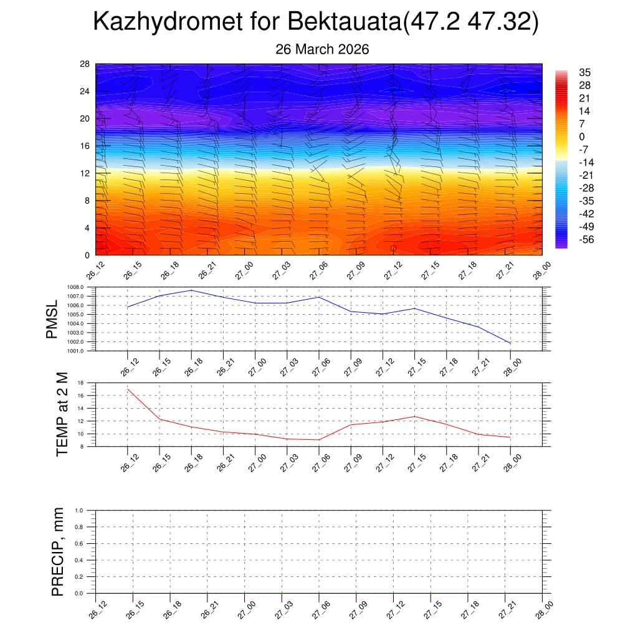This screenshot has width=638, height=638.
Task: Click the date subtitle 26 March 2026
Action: pyautogui.click(x=322, y=49)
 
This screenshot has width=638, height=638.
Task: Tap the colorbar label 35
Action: pyautogui.click(x=584, y=72)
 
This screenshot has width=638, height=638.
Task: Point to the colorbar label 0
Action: pyautogui.click(x=582, y=137)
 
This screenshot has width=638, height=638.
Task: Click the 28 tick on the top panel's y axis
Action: pyautogui.click(x=85, y=64)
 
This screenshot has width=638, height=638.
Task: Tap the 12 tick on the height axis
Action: pyautogui.click(x=85, y=173)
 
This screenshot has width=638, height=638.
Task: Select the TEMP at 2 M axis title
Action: pyautogui.click(x=62, y=414)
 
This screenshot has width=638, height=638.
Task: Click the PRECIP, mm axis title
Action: pyautogui.click(x=58, y=551)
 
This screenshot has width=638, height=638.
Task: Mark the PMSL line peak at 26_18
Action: pyautogui.click(x=191, y=290)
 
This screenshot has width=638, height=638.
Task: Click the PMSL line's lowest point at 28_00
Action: pyautogui.click(x=511, y=343)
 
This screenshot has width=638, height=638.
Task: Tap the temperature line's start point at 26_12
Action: pyautogui.click(x=128, y=389)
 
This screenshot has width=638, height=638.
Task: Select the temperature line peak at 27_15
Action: pyautogui.click(x=415, y=416)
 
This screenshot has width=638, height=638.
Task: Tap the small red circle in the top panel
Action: pyautogui.click(x=393, y=248)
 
